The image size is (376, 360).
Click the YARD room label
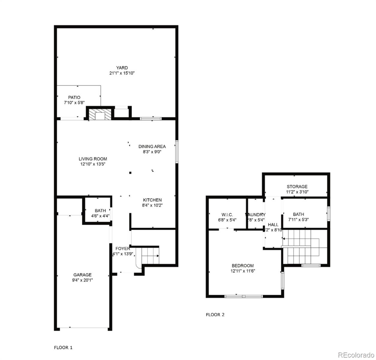(x=122, y=68)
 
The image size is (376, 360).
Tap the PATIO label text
(x=74, y=97)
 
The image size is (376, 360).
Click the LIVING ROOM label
(x=93, y=159)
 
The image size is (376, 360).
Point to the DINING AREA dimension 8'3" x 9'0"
(x=152, y=152)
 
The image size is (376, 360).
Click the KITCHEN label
(x=152, y=200)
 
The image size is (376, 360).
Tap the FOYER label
(x=123, y=249)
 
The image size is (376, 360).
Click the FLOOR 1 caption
(x=63, y=348)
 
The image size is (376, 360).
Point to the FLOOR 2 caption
(x=215, y=315)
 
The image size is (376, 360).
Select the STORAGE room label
(x=297, y=187)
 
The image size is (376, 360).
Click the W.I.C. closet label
(x=227, y=214)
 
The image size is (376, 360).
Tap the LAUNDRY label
(x=255, y=214)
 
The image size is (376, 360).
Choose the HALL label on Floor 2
(x=273, y=225)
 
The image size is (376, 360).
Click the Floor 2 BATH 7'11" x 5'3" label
(x=298, y=214)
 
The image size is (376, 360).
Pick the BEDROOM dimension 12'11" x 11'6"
(x=243, y=271)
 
